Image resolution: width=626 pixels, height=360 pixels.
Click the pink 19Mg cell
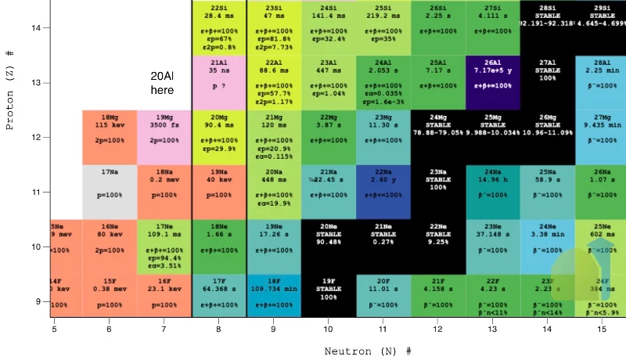[x=164, y=137]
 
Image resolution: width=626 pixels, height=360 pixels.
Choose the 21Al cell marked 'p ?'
[x=219, y=82]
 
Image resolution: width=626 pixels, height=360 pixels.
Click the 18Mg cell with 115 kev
[x=110, y=137]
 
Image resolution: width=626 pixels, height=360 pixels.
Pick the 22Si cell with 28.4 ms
[x=219, y=27]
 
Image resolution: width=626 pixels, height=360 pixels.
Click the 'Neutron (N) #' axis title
[x=368, y=351]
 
